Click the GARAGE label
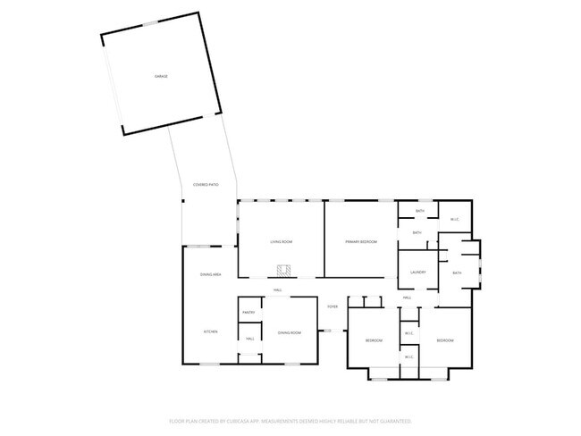coord(161,76)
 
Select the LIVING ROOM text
coord(282,242)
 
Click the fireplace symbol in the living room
coord(284,271)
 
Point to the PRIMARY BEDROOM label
coord(361,242)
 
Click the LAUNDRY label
coord(417,272)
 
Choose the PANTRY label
coord(250,312)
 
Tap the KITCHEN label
coord(210,332)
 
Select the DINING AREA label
coord(210,274)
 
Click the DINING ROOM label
coord(289,332)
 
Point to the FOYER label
coord(333,306)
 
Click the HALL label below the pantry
coord(250,340)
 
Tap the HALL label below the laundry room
coord(407,298)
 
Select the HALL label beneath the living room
coord(277,290)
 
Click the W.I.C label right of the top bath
coord(454,220)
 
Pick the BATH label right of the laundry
coord(457,272)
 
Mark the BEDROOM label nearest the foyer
coord(374,341)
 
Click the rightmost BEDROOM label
coord(444,341)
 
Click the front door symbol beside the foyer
coord(327,331)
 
